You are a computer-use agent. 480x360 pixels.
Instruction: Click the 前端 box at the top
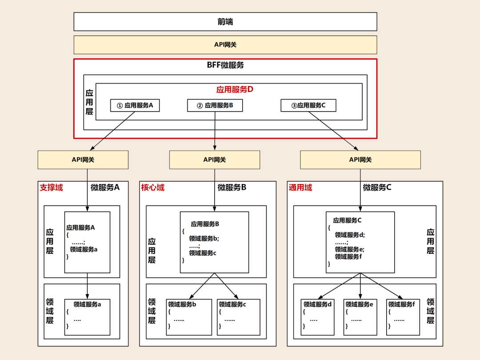(225, 21)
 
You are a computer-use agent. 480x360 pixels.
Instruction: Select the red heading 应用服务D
(235, 89)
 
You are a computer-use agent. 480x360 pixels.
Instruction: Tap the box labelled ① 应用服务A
(135, 105)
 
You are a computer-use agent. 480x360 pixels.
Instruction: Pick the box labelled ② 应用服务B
(215, 105)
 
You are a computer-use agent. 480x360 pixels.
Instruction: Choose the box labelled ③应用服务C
(308, 105)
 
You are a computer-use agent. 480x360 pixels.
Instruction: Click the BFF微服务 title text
(225, 65)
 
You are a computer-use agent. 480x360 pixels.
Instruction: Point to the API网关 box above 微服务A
(83, 160)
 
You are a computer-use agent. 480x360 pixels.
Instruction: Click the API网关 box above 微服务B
(214, 160)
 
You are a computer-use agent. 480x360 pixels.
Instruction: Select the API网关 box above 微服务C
(360, 160)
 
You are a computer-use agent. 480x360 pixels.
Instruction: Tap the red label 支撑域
(52, 188)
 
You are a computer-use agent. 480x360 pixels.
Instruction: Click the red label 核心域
(153, 188)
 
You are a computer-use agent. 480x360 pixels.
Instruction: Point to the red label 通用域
(300, 188)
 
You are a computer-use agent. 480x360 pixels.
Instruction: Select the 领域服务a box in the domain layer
(87, 317)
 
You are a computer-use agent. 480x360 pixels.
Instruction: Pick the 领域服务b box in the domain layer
(189, 317)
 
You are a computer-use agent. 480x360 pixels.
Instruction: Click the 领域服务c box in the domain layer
(239, 317)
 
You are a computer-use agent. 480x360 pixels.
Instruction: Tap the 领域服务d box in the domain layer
(317, 317)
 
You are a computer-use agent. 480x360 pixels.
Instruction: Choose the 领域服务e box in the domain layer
(360, 317)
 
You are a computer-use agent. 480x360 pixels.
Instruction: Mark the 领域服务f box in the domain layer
(403, 317)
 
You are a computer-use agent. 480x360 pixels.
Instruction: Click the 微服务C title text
(377, 188)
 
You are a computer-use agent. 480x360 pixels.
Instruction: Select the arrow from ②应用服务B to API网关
(215, 131)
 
